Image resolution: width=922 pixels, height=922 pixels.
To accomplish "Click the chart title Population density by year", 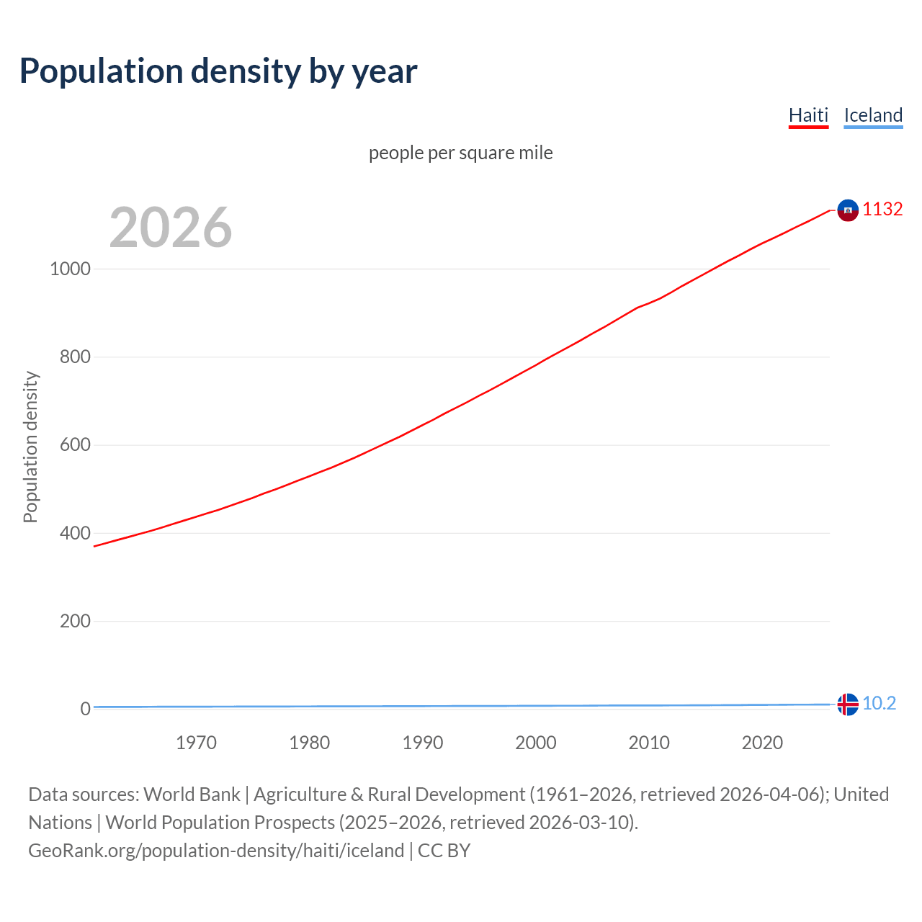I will (218, 71).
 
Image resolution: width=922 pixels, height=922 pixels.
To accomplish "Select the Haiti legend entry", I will (808, 115).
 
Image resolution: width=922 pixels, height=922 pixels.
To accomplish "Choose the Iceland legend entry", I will (873, 115).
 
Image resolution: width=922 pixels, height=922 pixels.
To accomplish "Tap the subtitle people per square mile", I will (461, 153).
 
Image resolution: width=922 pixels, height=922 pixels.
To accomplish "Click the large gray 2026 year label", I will (171, 228).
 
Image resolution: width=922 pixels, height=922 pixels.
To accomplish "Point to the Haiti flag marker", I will (848, 210).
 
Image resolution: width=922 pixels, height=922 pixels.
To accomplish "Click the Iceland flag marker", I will (848, 704).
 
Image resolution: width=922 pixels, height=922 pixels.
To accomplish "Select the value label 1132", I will (882, 209).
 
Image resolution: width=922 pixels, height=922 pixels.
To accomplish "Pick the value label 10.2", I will (879, 703).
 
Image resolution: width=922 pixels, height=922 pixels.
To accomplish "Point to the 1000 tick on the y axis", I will (70, 269).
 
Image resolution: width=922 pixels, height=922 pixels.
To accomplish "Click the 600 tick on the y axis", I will (75, 445).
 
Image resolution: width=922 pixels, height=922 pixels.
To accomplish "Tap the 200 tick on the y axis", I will (75, 621).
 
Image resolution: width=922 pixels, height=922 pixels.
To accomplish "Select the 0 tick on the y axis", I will (86, 709).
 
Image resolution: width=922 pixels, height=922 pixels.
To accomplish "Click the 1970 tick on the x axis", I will (196, 743).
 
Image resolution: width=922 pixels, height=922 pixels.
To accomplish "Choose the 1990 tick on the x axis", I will (423, 743).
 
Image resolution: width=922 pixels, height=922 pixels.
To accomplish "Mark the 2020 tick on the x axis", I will (762, 743).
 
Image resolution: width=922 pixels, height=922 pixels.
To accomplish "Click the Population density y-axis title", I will (30, 447).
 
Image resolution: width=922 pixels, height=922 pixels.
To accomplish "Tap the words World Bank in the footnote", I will (192, 795).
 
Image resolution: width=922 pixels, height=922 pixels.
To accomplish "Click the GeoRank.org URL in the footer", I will (216, 851).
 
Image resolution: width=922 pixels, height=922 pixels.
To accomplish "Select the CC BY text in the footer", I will (444, 851).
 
